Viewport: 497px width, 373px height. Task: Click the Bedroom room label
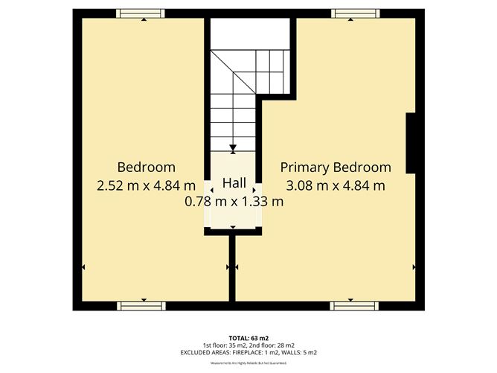146,167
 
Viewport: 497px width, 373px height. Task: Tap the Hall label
234,183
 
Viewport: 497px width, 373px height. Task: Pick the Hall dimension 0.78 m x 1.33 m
234,201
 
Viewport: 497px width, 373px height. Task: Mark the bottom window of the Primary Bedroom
353,305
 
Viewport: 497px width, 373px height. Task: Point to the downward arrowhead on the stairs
234,147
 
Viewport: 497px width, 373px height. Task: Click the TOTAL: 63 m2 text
249,337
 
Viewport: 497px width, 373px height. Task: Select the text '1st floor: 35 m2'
224,345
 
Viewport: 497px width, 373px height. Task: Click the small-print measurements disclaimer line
249,363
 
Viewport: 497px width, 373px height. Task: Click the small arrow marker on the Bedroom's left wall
83,267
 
